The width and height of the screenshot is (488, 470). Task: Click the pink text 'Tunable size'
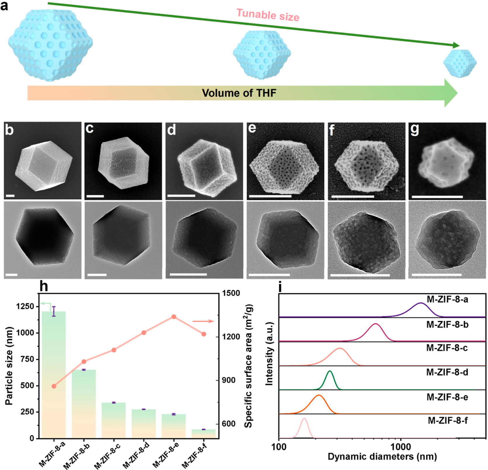[268, 15]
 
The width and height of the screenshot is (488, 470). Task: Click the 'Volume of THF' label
[239, 93]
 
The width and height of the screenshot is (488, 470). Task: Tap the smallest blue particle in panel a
[460, 63]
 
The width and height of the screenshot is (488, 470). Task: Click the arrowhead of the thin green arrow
[456, 45]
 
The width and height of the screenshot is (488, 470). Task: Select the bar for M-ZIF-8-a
[54, 375]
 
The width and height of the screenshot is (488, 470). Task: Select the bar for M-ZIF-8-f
[204, 434]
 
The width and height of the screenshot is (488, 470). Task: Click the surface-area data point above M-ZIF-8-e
[173, 317]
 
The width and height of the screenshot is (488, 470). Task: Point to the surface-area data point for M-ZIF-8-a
[54, 386]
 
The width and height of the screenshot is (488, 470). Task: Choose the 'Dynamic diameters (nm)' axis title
[382, 457]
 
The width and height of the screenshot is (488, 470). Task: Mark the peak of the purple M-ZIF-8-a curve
[421, 303]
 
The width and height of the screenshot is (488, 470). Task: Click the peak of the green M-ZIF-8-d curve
[330, 371]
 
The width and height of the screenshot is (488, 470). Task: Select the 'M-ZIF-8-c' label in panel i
[447, 348]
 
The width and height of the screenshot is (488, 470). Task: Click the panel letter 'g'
[415, 129]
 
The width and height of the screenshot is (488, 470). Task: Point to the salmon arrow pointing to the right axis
[203, 321]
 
